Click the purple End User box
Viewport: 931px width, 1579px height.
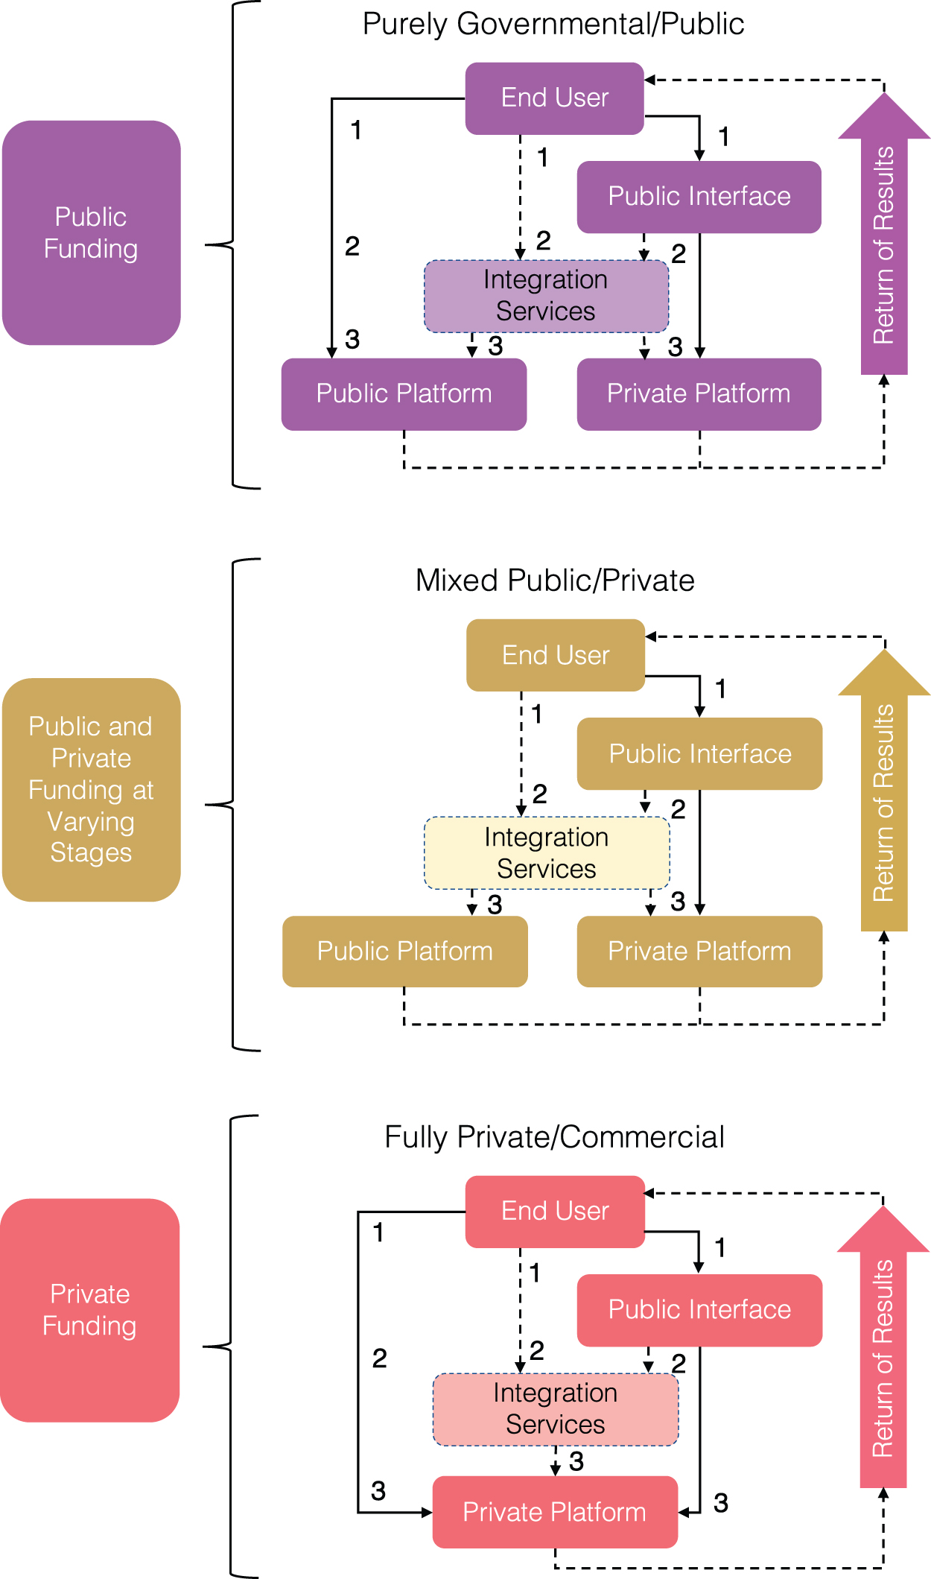click(555, 98)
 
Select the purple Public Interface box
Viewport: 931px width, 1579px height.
click(699, 197)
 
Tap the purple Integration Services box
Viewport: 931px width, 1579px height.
click(547, 296)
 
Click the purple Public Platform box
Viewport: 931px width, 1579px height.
click(404, 394)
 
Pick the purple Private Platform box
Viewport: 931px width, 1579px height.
click(699, 394)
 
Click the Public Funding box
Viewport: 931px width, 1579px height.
click(92, 232)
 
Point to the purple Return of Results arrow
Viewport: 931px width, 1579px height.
click(884, 233)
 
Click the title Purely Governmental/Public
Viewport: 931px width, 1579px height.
click(553, 24)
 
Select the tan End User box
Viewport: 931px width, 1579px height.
click(556, 655)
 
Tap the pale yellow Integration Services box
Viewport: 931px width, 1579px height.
click(547, 853)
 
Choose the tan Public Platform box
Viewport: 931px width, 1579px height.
click(405, 952)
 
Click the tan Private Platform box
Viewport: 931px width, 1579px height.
click(700, 952)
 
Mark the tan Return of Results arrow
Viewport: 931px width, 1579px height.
click(884, 790)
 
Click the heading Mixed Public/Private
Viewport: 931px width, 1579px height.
click(555, 580)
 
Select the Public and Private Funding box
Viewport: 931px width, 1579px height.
click(92, 790)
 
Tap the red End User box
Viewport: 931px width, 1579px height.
click(555, 1212)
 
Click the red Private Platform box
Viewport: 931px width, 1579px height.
click(555, 1512)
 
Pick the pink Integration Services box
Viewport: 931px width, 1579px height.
click(556, 1410)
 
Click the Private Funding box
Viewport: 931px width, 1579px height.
click(90, 1310)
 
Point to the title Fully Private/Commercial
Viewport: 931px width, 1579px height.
click(554, 1137)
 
